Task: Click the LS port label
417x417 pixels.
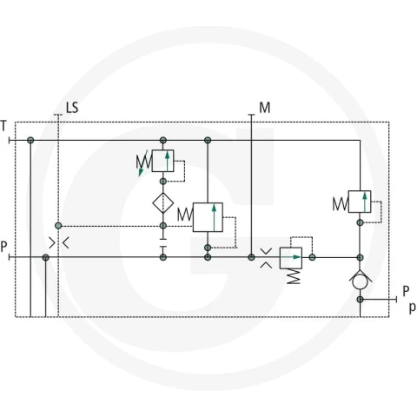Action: coord(72,108)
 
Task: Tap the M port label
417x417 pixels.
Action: coord(265,108)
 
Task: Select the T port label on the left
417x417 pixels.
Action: coord(3,126)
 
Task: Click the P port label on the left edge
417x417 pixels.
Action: coord(3,247)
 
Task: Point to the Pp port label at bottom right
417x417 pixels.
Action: coord(409,299)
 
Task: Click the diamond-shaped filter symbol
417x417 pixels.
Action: coord(163,203)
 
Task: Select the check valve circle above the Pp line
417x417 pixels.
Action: coord(360,281)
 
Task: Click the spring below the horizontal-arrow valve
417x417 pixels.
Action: coord(294,276)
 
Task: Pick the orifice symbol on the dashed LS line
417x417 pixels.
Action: coord(59,243)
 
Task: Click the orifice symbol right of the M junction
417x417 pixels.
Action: coord(266,258)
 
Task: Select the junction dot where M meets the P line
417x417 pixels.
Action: coord(251,257)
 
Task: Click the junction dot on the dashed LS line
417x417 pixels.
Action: coord(58,226)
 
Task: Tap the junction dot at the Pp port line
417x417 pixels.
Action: coord(360,300)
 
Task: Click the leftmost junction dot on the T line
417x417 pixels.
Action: coord(30,141)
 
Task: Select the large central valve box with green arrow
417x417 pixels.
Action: coord(208,217)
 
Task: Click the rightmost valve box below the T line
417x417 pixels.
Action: coord(360,202)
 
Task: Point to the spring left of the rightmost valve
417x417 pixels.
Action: coord(341,203)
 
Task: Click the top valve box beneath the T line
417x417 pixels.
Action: coord(162,161)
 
